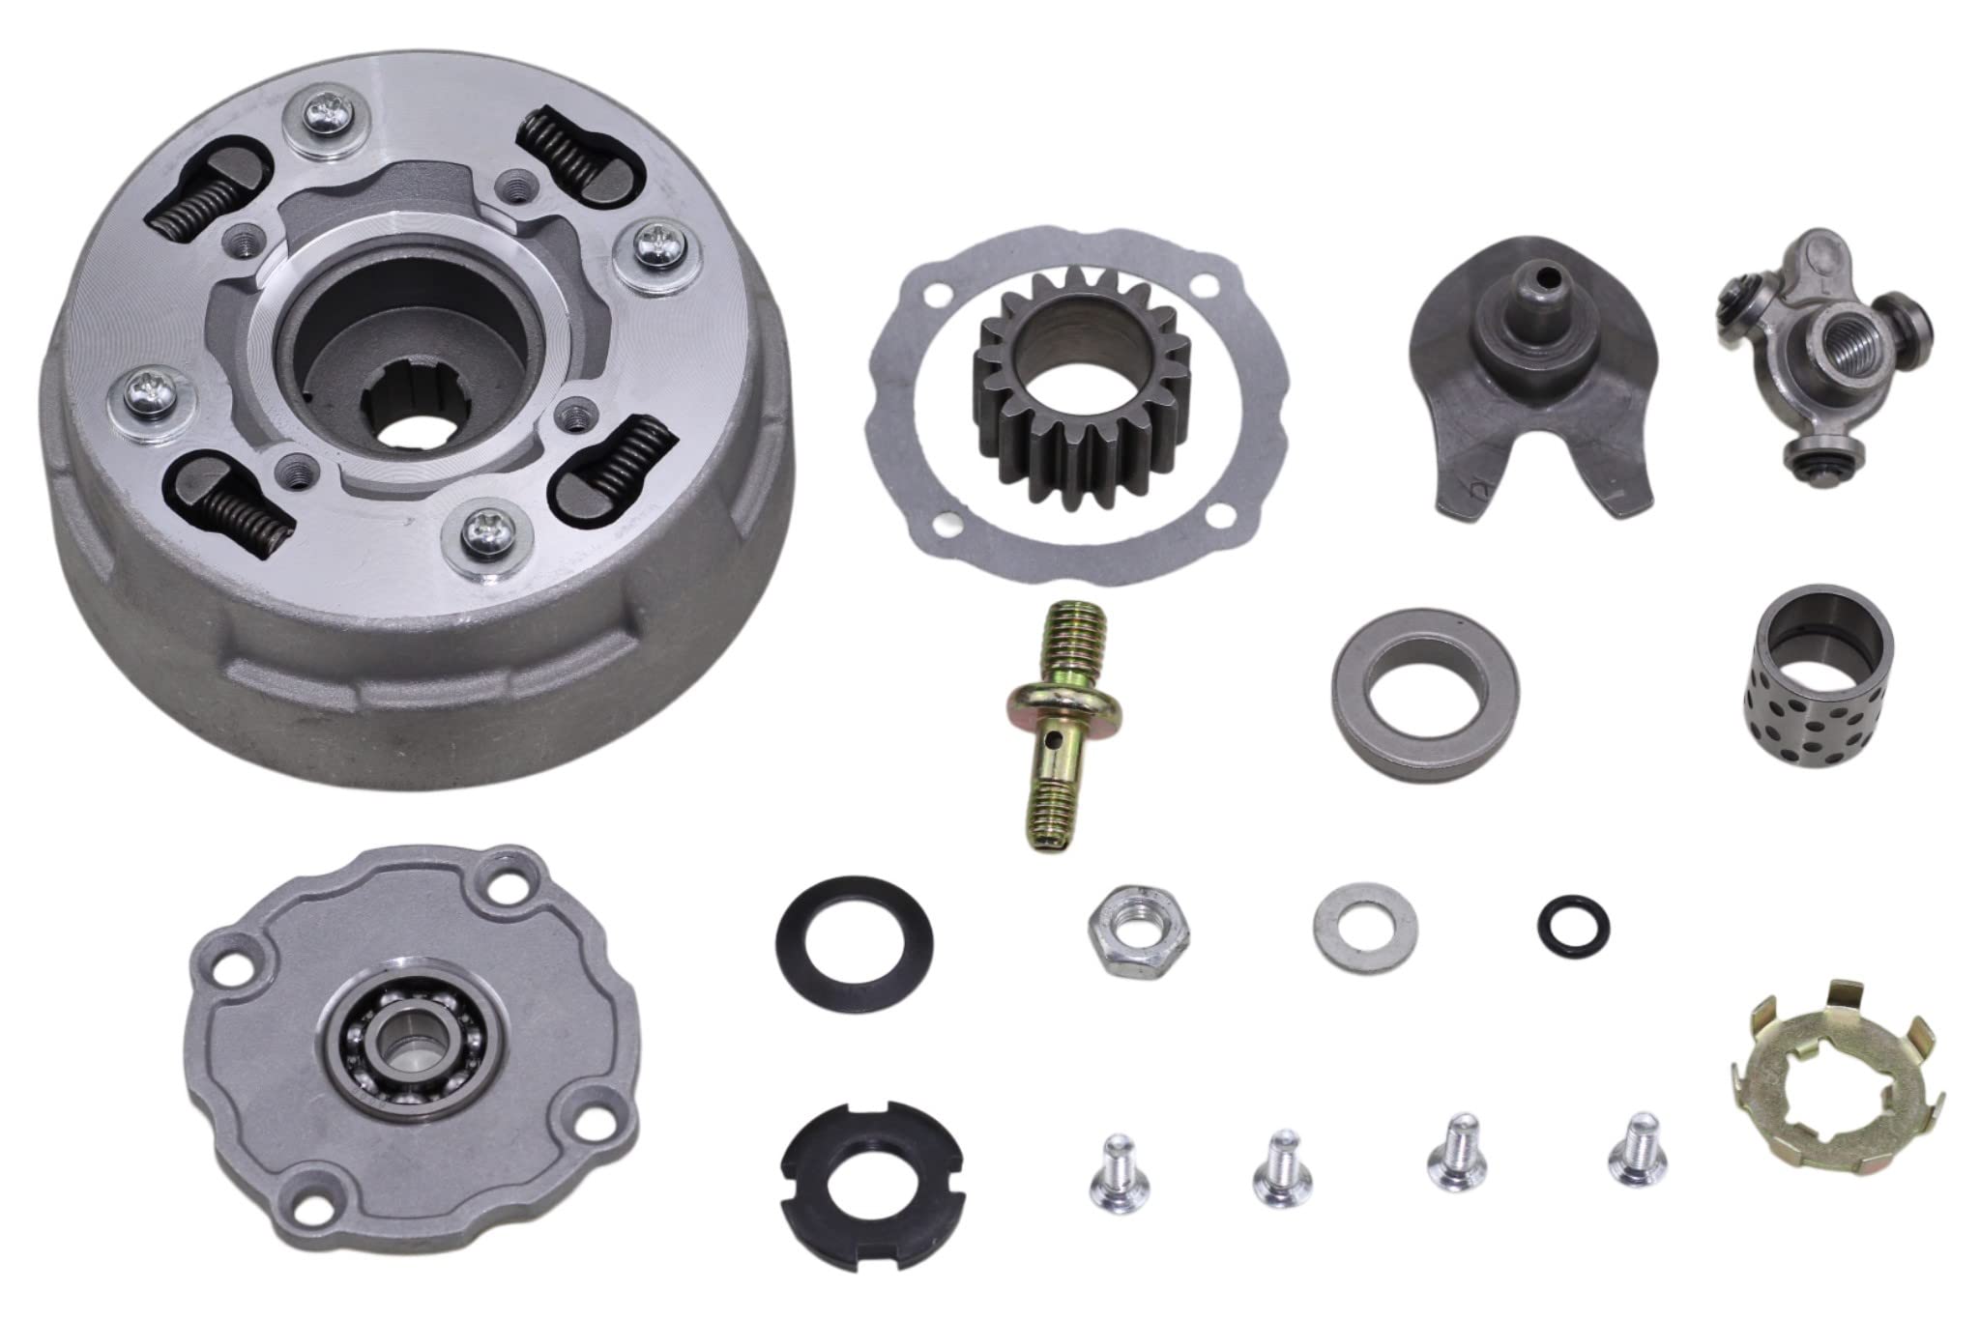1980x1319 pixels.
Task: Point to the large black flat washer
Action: coord(855,935)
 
